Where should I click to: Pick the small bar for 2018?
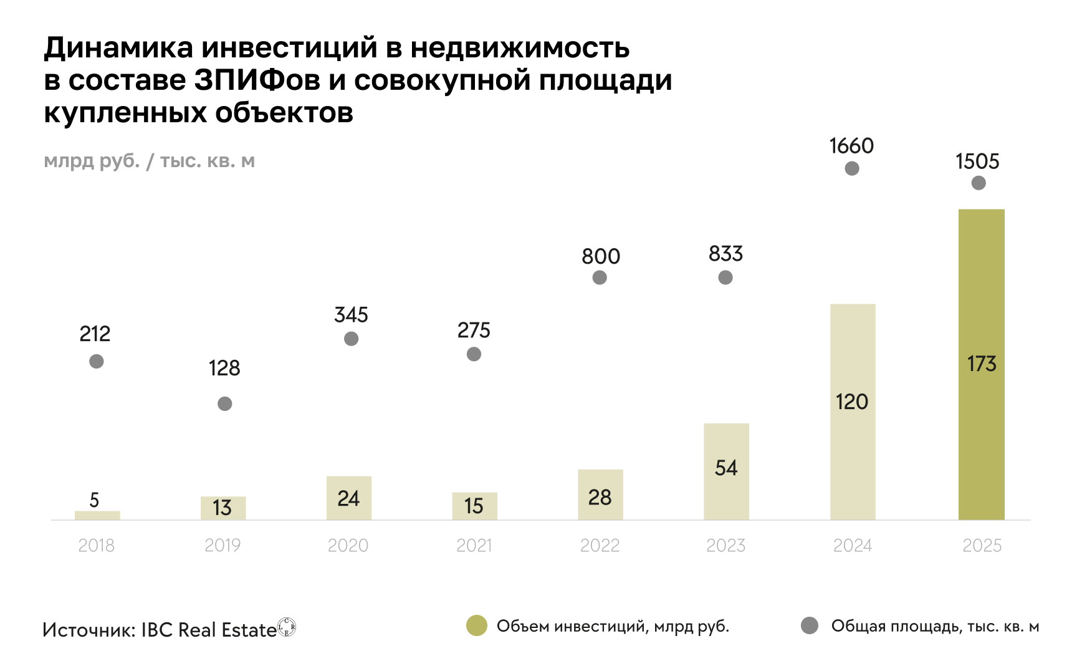(97, 515)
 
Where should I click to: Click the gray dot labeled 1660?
(852, 168)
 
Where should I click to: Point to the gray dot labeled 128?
(225, 403)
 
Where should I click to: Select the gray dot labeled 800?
(600, 277)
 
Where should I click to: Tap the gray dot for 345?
(352, 339)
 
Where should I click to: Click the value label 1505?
(977, 162)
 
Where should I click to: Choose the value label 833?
(725, 254)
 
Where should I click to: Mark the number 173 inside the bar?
(982, 364)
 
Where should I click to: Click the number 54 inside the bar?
(726, 468)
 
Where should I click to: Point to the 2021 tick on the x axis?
(474, 546)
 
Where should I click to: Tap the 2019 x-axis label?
(223, 546)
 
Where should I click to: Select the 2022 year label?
(600, 546)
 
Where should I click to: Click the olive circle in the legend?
(477, 625)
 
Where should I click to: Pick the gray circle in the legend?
(810, 625)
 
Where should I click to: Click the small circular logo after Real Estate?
(287, 627)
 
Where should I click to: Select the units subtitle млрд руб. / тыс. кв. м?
(150, 161)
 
